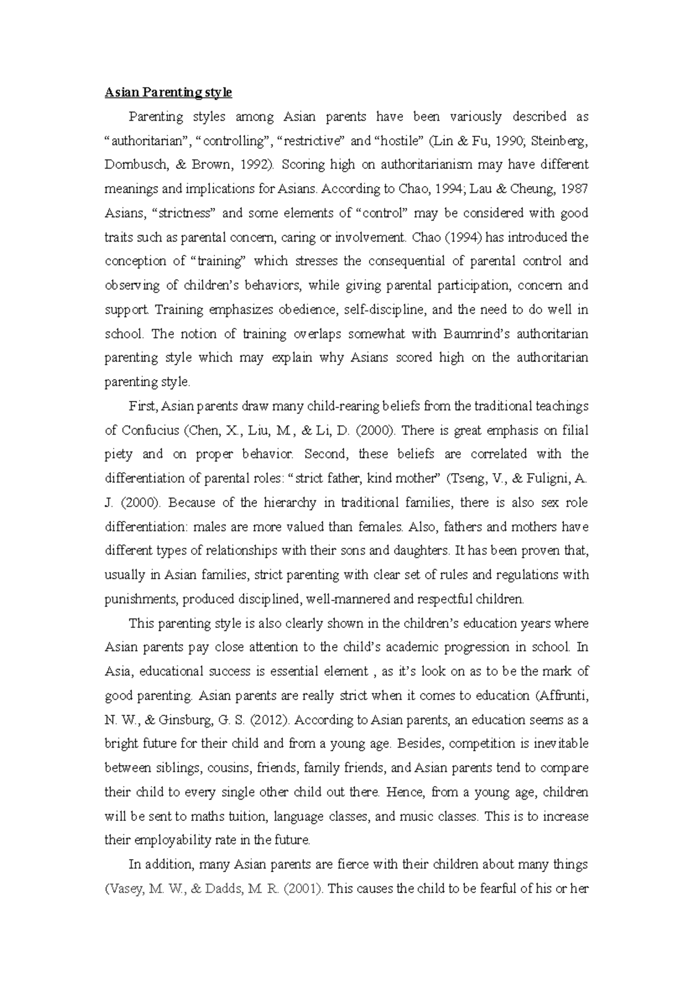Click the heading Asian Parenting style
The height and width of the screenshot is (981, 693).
pyautogui.click(x=168, y=92)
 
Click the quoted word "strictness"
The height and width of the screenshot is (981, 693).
pyautogui.click(x=184, y=213)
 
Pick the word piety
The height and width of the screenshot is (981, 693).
pyautogui.click(x=118, y=454)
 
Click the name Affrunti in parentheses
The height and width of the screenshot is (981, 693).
pyautogui.click(x=561, y=696)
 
